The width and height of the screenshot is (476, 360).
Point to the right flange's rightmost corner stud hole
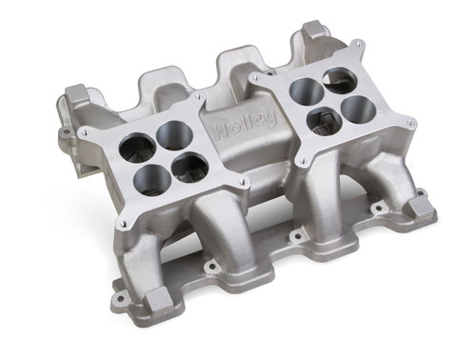[411, 123]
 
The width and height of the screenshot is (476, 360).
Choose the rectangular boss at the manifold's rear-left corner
[75, 96]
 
